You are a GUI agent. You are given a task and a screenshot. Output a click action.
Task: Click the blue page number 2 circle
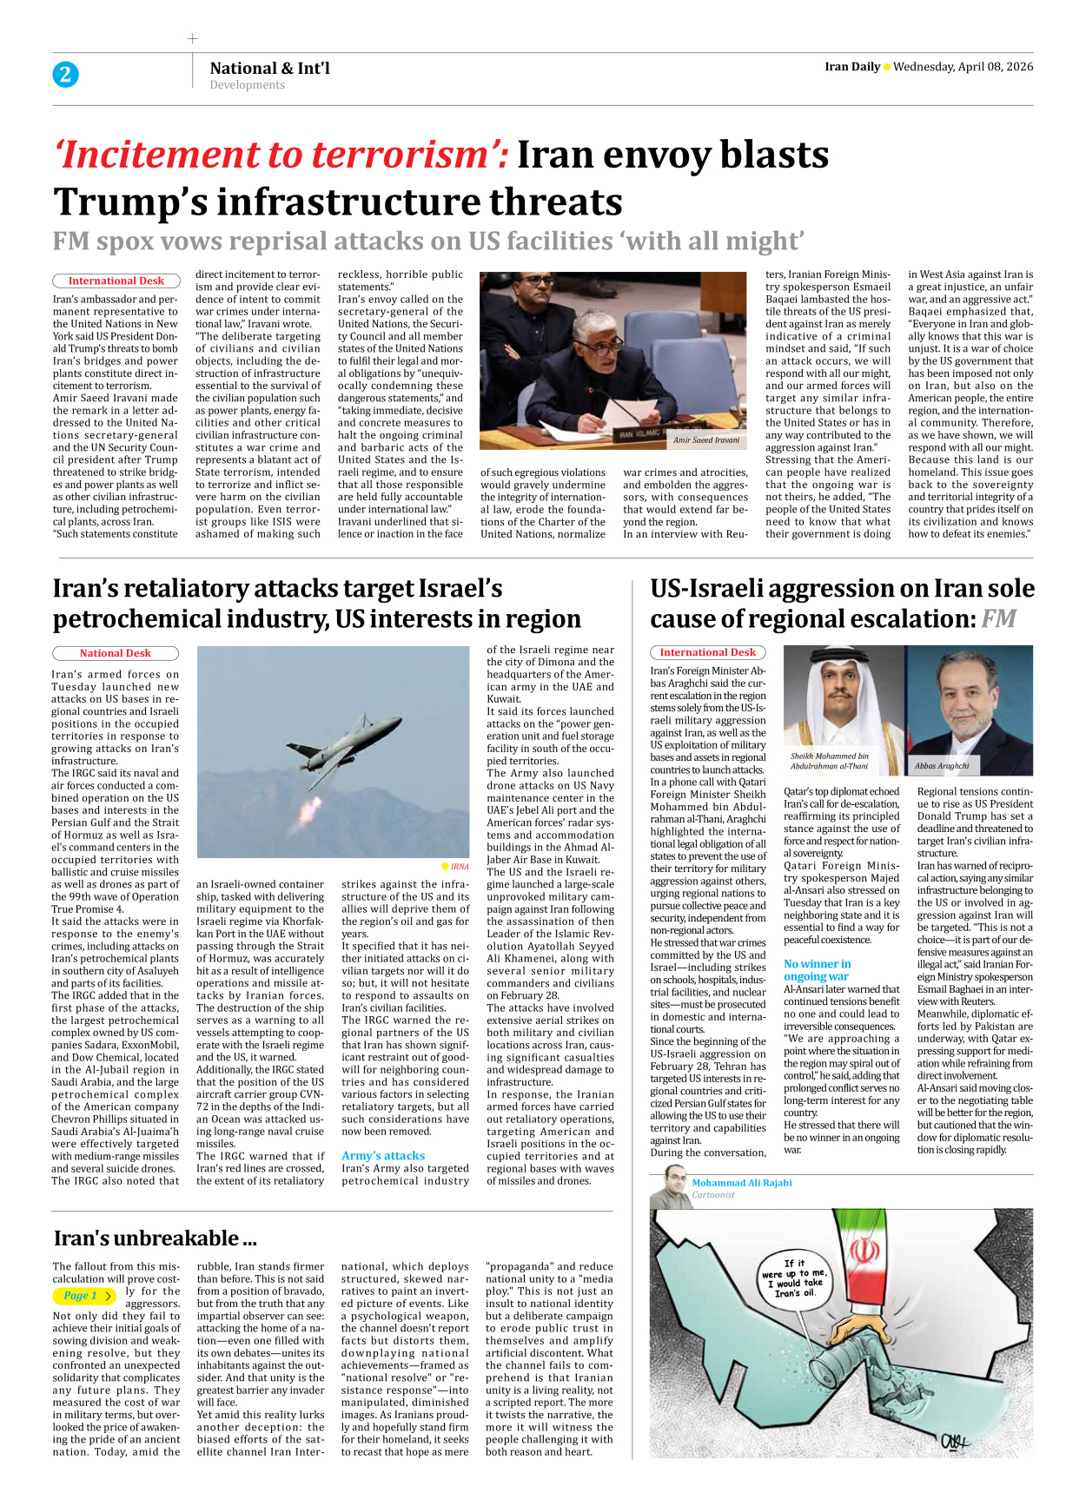click(x=65, y=75)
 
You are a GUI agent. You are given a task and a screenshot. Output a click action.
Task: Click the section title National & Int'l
click(x=269, y=68)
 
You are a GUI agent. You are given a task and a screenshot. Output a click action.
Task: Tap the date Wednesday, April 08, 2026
click(x=963, y=67)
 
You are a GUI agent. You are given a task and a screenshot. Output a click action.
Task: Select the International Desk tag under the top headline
click(x=116, y=281)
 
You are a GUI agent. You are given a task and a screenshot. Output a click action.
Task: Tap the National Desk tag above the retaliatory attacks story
click(x=116, y=653)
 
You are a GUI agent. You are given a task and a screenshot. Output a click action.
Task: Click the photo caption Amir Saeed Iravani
click(x=705, y=440)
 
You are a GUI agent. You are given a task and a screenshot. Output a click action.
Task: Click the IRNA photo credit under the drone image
click(x=459, y=866)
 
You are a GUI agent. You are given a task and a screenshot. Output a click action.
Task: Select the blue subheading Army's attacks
click(x=383, y=1155)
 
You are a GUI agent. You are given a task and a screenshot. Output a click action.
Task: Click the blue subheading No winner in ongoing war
click(x=817, y=969)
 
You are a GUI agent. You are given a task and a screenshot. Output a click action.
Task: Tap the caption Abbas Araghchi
click(x=941, y=766)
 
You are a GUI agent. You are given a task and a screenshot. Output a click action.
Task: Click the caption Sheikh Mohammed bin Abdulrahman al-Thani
click(x=829, y=761)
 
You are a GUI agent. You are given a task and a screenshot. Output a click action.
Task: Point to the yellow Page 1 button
click(x=85, y=1296)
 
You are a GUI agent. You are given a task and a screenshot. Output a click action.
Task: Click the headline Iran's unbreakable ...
click(x=155, y=1238)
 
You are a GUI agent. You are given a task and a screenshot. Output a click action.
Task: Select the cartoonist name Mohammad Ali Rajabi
click(x=741, y=1183)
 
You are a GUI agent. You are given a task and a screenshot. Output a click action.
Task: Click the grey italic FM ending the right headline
click(x=998, y=618)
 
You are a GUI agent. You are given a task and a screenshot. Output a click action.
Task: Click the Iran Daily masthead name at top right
click(x=851, y=67)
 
